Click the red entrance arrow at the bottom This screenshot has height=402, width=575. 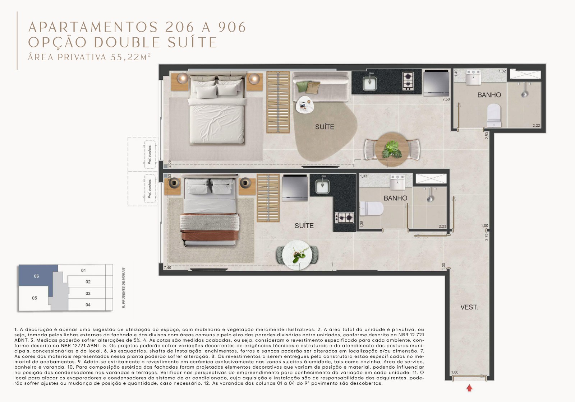click(x=469, y=388)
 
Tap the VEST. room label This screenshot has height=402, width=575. click(x=469, y=307)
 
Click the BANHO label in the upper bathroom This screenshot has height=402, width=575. click(x=489, y=95)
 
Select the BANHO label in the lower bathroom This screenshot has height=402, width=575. click(x=395, y=198)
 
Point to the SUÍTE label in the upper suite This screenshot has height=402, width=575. click(x=325, y=127)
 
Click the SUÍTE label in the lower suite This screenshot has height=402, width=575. click(x=304, y=226)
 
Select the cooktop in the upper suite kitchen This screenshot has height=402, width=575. click(x=408, y=81)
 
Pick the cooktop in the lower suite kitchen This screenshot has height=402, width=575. click(x=344, y=217)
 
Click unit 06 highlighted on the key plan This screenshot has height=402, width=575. click(x=36, y=276)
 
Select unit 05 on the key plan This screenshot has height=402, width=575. click(x=34, y=298)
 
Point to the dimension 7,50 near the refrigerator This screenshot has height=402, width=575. click(x=446, y=99)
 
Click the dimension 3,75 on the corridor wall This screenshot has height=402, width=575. click(x=487, y=237)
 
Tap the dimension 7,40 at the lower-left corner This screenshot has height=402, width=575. click(x=167, y=268)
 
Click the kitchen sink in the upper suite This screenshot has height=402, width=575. click(x=369, y=83)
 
